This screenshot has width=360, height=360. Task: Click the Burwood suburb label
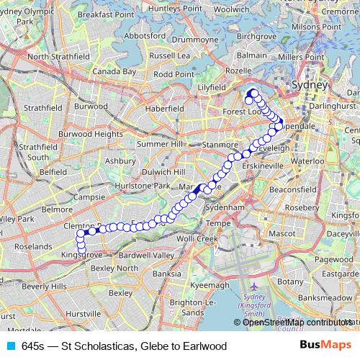[x=91, y=106]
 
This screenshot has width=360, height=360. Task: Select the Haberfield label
[x=164, y=109]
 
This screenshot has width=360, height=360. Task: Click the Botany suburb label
[x=291, y=282]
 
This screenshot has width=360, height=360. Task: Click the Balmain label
[x=252, y=55]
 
